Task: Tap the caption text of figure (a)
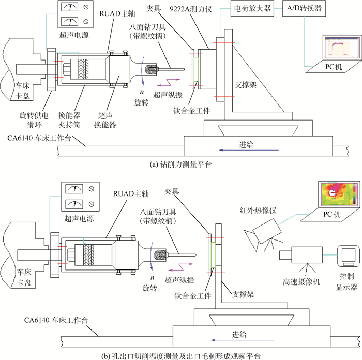point(180,166)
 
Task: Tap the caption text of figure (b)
point(180,355)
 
